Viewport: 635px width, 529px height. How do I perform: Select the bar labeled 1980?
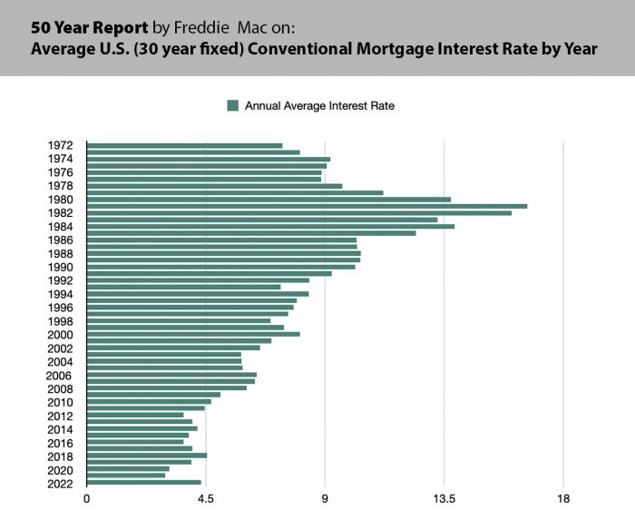point(269,200)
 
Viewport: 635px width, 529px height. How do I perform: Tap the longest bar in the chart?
point(307,206)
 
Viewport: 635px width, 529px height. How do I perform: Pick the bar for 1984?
point(270,226)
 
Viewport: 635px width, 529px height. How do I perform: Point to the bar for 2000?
point(193,334)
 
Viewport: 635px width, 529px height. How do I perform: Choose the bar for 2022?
point(143,483)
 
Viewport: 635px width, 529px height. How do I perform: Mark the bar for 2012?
point(135,415)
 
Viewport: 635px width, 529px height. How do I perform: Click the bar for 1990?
point(221,267)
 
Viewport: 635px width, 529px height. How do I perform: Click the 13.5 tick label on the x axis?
point(444,498)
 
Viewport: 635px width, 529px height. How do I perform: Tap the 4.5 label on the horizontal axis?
point(206,498)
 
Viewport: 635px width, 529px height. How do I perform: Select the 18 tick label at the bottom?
point(563,498)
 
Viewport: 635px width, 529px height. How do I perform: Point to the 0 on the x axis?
point(87,498)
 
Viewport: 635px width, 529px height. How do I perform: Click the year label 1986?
point(60,240)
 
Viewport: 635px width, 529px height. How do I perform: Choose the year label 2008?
point(60,388)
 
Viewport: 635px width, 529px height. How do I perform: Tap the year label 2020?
point(60,470)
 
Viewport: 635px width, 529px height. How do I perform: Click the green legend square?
point(232,105)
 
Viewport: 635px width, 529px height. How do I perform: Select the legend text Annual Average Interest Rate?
point(319,105)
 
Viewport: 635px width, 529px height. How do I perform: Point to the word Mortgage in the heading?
point(396,49)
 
